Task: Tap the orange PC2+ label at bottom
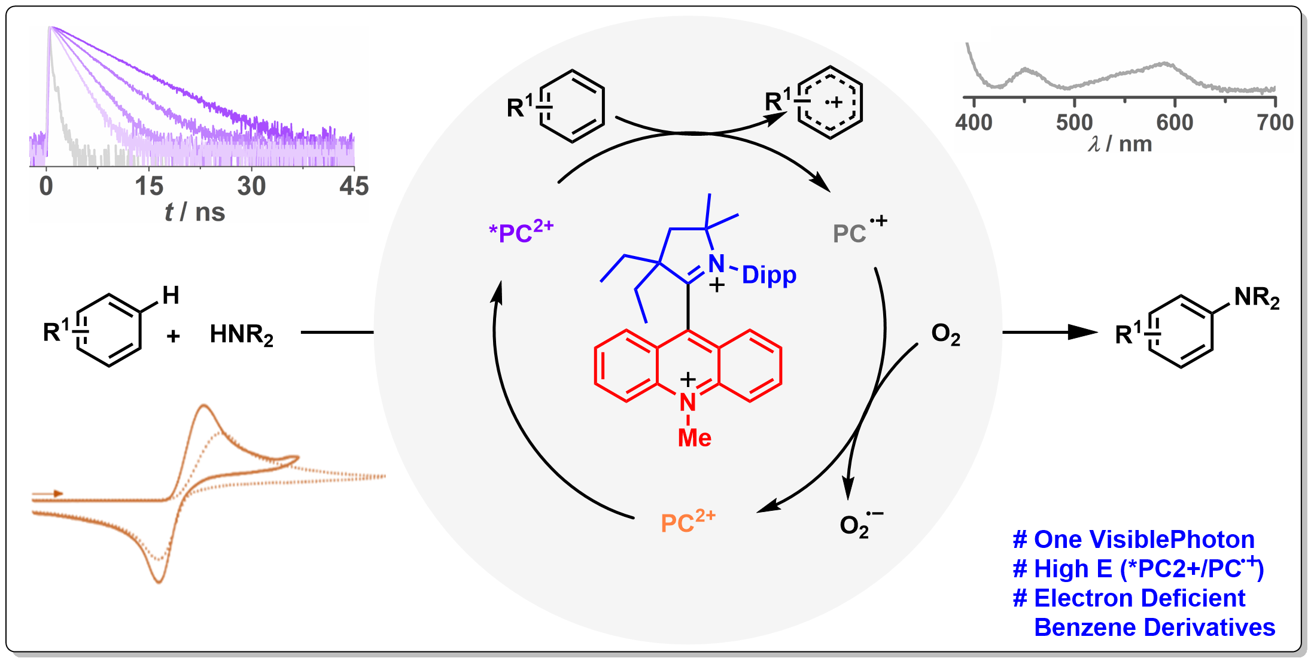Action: tap(688, 522)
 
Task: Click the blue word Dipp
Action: tap(769, 275)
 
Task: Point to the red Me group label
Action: tap(694, 438)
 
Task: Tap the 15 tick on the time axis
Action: tap(149, 186)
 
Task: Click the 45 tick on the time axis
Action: tap(354, 186)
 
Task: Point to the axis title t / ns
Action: tap(194, 212)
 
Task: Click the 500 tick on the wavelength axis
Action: tap(1074, 123)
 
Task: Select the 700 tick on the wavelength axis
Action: tap(1275, 123)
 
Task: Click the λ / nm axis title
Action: tap(1120, 144)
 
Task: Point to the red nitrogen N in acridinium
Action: tap(688, 403)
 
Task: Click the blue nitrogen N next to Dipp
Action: tap(716, 264)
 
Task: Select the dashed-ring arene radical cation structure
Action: tap(829, 103)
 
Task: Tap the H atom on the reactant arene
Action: tap(171, 295)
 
